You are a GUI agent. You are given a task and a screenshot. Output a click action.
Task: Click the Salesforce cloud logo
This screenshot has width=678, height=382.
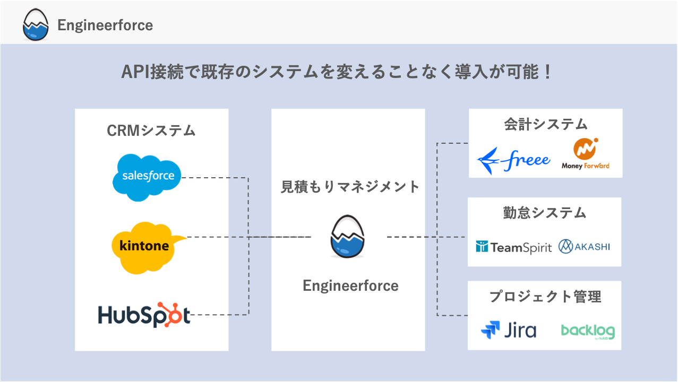(x=147, y=177)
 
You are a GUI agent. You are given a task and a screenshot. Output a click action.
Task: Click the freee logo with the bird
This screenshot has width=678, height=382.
(x=513, y=159)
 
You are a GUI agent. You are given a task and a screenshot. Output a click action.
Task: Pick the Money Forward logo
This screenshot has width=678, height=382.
(x=586, y=154)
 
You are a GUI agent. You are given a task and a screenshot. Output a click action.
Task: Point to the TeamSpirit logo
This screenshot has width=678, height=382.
(x=514, y=247)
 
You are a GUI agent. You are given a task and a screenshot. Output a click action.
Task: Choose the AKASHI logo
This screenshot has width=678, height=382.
(x=584, y=246)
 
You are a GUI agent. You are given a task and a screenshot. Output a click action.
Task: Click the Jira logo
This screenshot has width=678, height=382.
(x=509, y=330)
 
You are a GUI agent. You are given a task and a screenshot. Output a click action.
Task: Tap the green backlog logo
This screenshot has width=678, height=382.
(x=588, y=331)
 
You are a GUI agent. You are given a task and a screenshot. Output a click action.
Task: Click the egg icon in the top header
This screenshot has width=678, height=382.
(x=36, y=25)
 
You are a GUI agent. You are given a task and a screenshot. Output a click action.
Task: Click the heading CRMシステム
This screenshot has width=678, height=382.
(x=151, y=131)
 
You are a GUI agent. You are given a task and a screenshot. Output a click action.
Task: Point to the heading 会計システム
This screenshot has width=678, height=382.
(x=545, y=124)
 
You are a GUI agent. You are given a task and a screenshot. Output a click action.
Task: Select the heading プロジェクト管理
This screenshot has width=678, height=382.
(x=545, y=297)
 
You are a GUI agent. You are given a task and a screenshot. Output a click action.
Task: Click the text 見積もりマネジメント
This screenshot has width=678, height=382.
(x=350, y=187)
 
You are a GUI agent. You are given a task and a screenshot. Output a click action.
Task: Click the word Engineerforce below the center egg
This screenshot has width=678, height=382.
(x=350, y=285)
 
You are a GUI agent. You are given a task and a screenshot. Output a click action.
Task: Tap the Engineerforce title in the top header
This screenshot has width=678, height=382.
(x=105, y=25)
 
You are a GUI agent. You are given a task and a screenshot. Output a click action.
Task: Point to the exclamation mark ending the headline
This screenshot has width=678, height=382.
(x=548, y=72)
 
